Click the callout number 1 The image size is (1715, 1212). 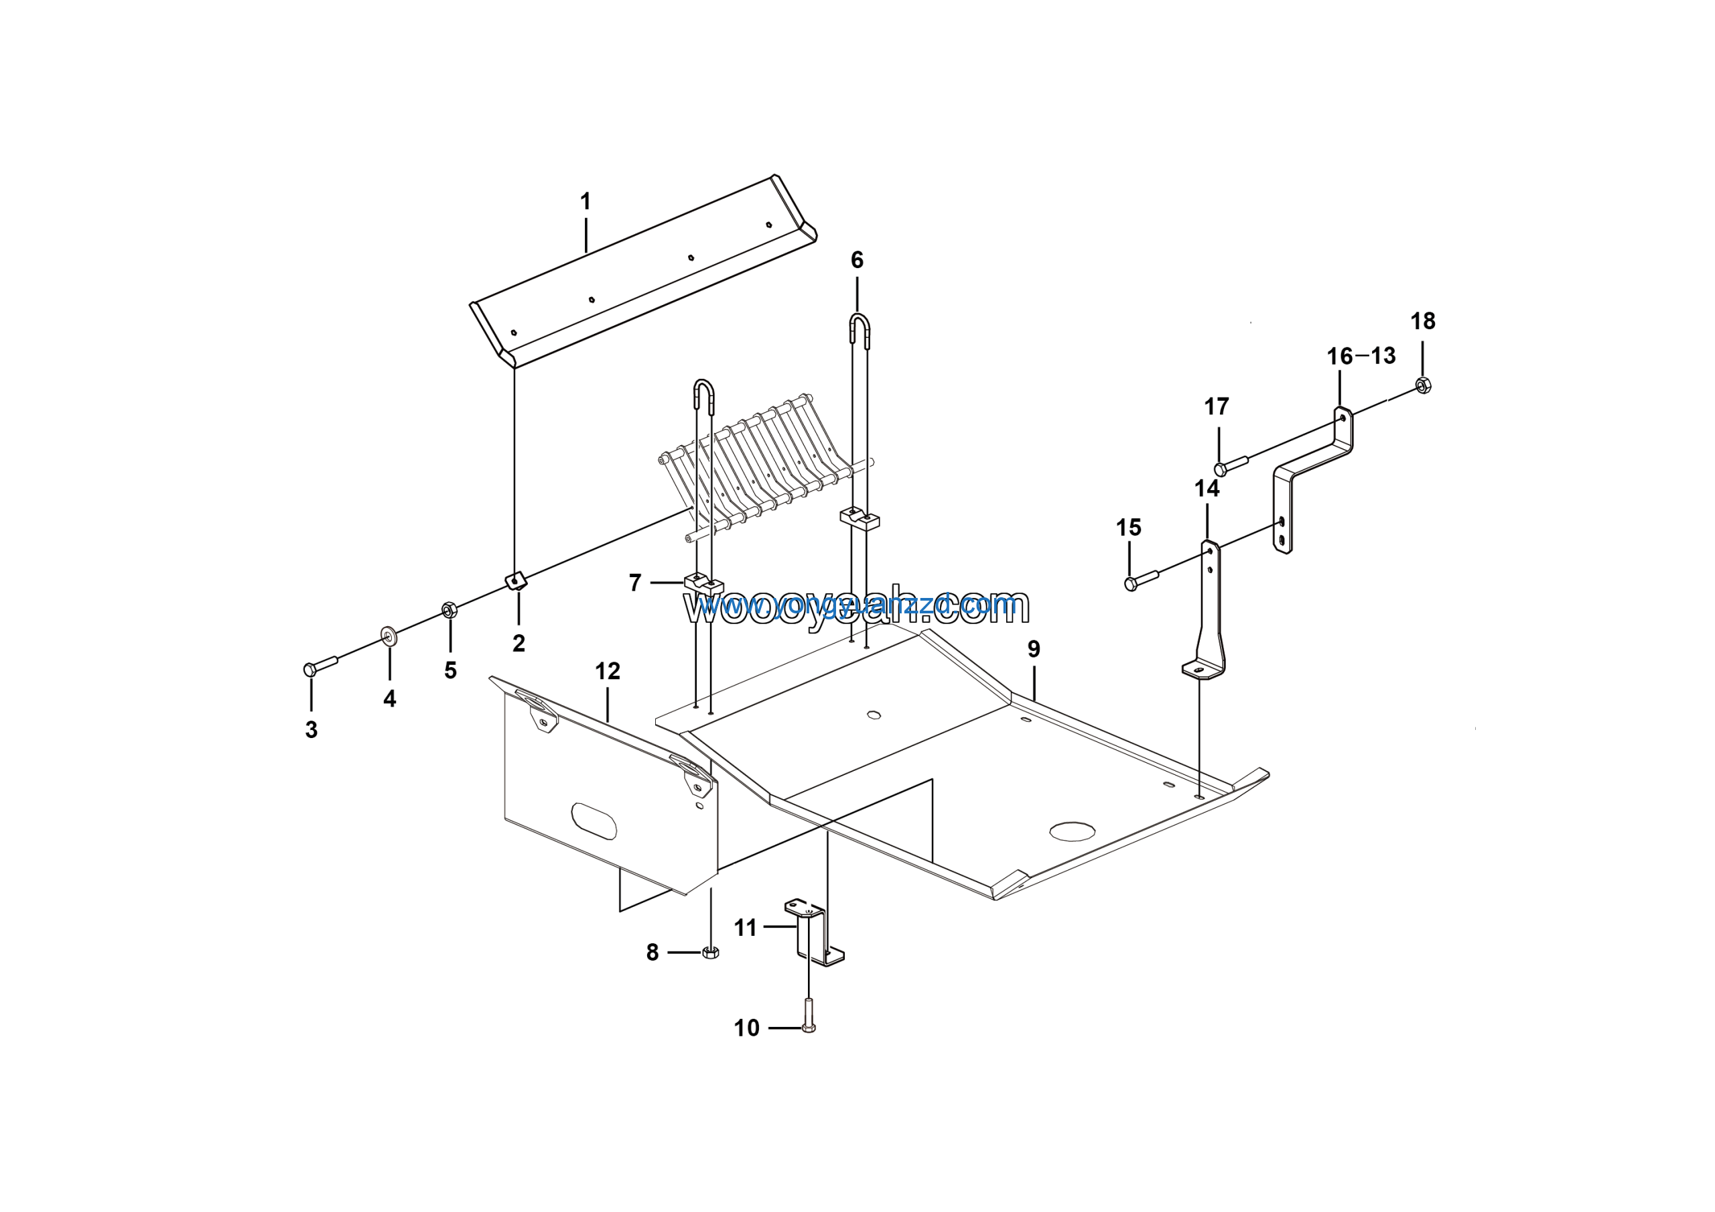click(586, 202)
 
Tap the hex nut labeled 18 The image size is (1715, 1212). click(1423, 386)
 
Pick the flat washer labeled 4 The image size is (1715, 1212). click(389, 637)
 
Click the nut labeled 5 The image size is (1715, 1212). click(449, 610)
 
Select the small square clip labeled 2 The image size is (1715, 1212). click(514, 581)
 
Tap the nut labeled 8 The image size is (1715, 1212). click(711, 953)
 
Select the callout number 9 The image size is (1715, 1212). click(1034, 649)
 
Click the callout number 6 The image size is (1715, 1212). click(857, 260)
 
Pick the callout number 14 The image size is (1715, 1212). click(1207, 489)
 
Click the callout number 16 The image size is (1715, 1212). click(1339, 357)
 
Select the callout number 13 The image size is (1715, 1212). click(1383, 356)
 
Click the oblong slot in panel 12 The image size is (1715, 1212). click(594, 822)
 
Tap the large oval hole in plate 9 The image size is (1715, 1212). click(1072, 831)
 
